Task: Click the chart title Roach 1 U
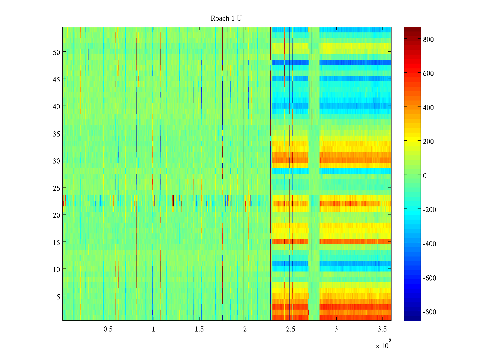pyautogui.click(x=226, y=19)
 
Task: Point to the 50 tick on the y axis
pyautogui.click(x=56, y=52)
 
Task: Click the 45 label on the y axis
pyautogui.click(x=56, y=79)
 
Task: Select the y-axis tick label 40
pyautogui.click(x=56, y=106)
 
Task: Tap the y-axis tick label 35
pyautogui.click(x=56, y=134)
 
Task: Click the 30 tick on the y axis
pyautogui.click(x=56, y=161)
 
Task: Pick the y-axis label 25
pyautogui.click(x=56, y=188)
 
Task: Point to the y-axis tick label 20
pyautogui.click(x=56, y=215)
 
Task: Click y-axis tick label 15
pyautogui.click(x=56, y=242)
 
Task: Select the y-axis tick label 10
pyautogui.click(x=56, y=269)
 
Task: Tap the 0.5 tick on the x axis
pyautogui.click(x=108, y=329)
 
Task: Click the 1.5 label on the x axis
pyautogui.click(x=199, y=329)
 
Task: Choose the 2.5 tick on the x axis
pyautogui.click(x=290, y=329)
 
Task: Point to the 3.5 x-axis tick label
pyautogui.click(x=382, y=329)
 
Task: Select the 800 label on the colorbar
pyautogui.click(x=428, y=40)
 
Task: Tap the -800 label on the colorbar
pyautogui.click(x=429, y=312)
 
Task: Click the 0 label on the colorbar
pyautogui.click(x=424, y=176)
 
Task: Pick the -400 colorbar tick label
pyautogui.click(x=429, y=244)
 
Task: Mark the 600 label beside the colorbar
pyautogui.click(x=428, y=74)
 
